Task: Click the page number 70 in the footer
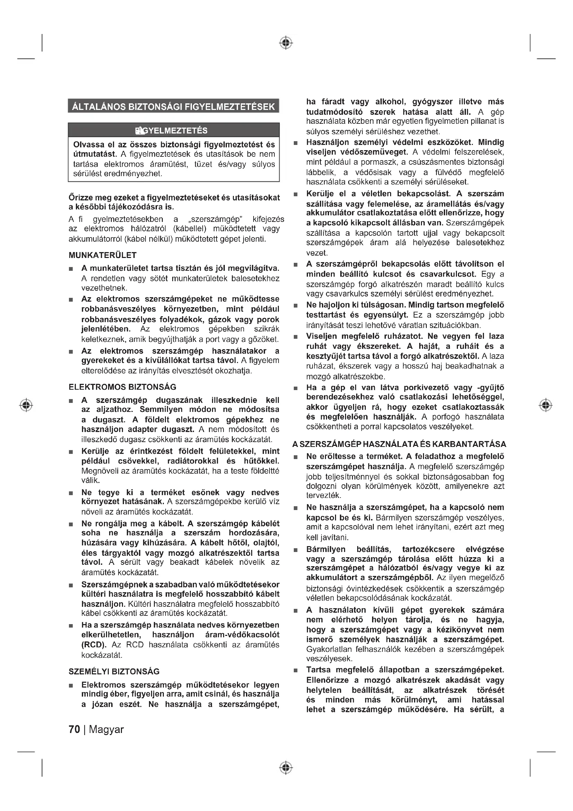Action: [x=74, y=729]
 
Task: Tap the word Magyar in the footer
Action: [x=106, y=729]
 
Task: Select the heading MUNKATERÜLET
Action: [x=102, y=255]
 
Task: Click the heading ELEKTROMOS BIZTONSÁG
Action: [x=122, y=387]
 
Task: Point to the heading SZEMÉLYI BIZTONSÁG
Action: [x=114, y=672]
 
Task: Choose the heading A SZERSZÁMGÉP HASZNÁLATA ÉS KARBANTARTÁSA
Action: [x=399, y=444]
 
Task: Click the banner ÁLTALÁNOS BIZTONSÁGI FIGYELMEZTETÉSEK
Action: [x=173, y=106]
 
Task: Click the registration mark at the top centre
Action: [x=286, y=43]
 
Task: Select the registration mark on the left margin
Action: [x=26, y=405]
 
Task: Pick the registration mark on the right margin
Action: [x=546, y=405]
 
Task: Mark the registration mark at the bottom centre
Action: [x=286, y=768]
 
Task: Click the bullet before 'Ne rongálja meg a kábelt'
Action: [x=71, y=524]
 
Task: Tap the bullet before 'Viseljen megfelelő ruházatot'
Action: [x=296, y=337]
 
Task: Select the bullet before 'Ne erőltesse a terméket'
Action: [x=296, y=457]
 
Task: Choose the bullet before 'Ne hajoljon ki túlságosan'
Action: [x=296, y=305]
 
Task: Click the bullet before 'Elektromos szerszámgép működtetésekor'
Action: [x=71, y=685]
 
